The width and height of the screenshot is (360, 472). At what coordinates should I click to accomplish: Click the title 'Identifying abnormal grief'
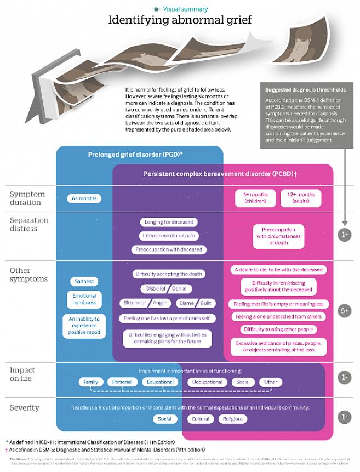pyautogui.click(x=180, y=21)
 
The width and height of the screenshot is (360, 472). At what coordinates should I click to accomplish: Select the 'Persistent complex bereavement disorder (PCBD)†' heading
pyautogui.click(x=220, y=174)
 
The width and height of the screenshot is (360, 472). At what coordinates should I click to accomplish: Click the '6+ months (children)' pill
pyautogui.click(x=255, y=198)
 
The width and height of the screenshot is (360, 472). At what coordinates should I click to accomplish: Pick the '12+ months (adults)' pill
pyautogui.click(x=300, y=198)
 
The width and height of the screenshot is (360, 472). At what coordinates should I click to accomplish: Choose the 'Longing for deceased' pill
pyautogui.click(x=168, y=223)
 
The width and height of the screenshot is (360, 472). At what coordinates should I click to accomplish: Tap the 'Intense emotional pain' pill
pyautogui.click(x=168, y=236)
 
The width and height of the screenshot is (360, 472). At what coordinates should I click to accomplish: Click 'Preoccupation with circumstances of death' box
pyautogui.click(x=279, y=236)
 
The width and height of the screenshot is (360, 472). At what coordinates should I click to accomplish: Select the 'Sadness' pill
pyautogui.click(x=84, y=281)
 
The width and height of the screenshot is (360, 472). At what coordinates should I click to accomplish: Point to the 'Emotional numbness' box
pyautogui.click(x=84, y=299)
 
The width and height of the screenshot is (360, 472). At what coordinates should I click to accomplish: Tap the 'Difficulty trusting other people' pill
pyautogui.click(x=278, y=329)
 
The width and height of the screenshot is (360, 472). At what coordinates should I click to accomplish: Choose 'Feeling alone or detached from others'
pyautogui.click(x=278, y=317)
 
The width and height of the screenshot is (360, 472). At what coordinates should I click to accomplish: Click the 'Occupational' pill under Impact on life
pyautogui.click(x=208, y=382)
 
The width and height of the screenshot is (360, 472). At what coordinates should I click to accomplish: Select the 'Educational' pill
pyautogui.click(x=160, y=382)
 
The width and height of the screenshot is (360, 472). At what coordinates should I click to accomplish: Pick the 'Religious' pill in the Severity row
pyautogui.click(x=233, y=419)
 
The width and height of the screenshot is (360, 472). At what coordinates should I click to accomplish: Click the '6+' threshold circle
pyautogui.click(x=344, y=310)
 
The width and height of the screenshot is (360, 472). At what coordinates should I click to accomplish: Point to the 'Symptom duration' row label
pyautogui.click(x=27, y=198)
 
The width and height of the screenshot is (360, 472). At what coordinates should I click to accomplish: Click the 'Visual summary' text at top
pyautogui.click(x=185, y=9)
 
